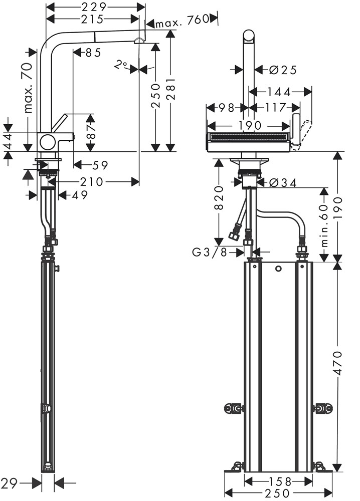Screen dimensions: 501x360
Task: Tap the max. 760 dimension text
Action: coord(182,22)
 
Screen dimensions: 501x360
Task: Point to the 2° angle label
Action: coord(121,65)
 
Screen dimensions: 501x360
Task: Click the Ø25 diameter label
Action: coord(282,70)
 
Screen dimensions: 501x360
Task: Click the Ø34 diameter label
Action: coord(282,183)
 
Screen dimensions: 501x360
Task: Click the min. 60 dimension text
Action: coord(323,225)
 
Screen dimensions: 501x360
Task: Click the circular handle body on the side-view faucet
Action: coord(49,142)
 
